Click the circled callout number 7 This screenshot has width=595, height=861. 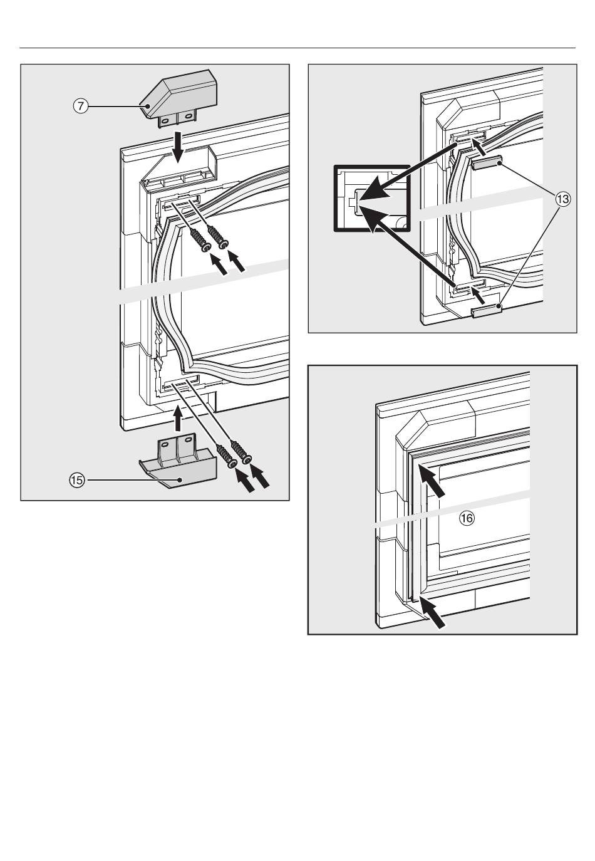(81, 106)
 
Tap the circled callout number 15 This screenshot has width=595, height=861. (76, 480)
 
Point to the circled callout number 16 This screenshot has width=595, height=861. (467, 518)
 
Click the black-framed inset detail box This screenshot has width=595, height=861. (372, 199)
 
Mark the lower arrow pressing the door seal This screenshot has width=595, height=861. (432, 612)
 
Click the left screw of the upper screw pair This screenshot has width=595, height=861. (200, 240)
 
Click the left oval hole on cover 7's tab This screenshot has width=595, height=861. (166, 121)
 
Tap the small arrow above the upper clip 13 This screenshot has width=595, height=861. (480, 148)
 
